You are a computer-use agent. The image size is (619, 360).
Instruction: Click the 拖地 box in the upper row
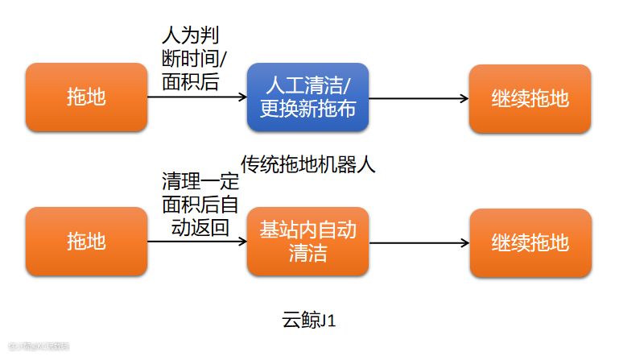click(87, 98)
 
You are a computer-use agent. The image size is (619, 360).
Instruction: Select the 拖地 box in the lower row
click(87, 242)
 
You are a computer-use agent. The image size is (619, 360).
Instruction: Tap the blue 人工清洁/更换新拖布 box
click(307, 98)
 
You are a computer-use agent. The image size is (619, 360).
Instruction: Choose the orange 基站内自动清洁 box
click(307, 242)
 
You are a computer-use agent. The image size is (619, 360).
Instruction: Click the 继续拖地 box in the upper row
click(530, 98)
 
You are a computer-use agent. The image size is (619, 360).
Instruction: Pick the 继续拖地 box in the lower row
click(530, 242)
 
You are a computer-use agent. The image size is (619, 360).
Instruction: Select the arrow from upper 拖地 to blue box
click(197, 98)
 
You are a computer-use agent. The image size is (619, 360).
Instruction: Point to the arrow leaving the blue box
click(419, 98)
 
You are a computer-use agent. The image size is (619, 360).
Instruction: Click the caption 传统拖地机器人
click(308, 165)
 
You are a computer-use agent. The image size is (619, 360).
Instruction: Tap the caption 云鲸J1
click(308, 321)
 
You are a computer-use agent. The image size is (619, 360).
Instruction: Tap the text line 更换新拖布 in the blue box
click(307, 109)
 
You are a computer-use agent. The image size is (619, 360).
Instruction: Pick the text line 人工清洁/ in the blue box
click(307, 86)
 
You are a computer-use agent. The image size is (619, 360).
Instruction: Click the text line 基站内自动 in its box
click(307, 230)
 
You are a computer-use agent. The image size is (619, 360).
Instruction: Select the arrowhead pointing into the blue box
click(241, 98)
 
